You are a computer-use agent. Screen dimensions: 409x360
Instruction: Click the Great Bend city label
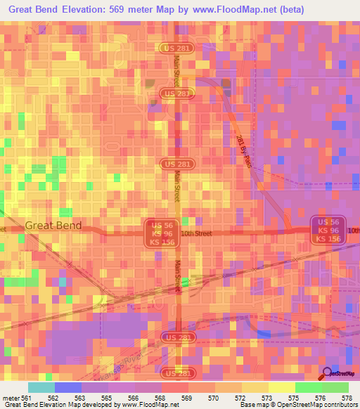[x=53, y=226]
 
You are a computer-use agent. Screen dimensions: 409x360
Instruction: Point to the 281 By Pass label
[x=243, y=150]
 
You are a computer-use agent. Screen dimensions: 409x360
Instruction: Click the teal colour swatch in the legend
[x=41, y=387]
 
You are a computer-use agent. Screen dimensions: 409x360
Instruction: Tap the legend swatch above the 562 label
[x=67, y=387]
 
